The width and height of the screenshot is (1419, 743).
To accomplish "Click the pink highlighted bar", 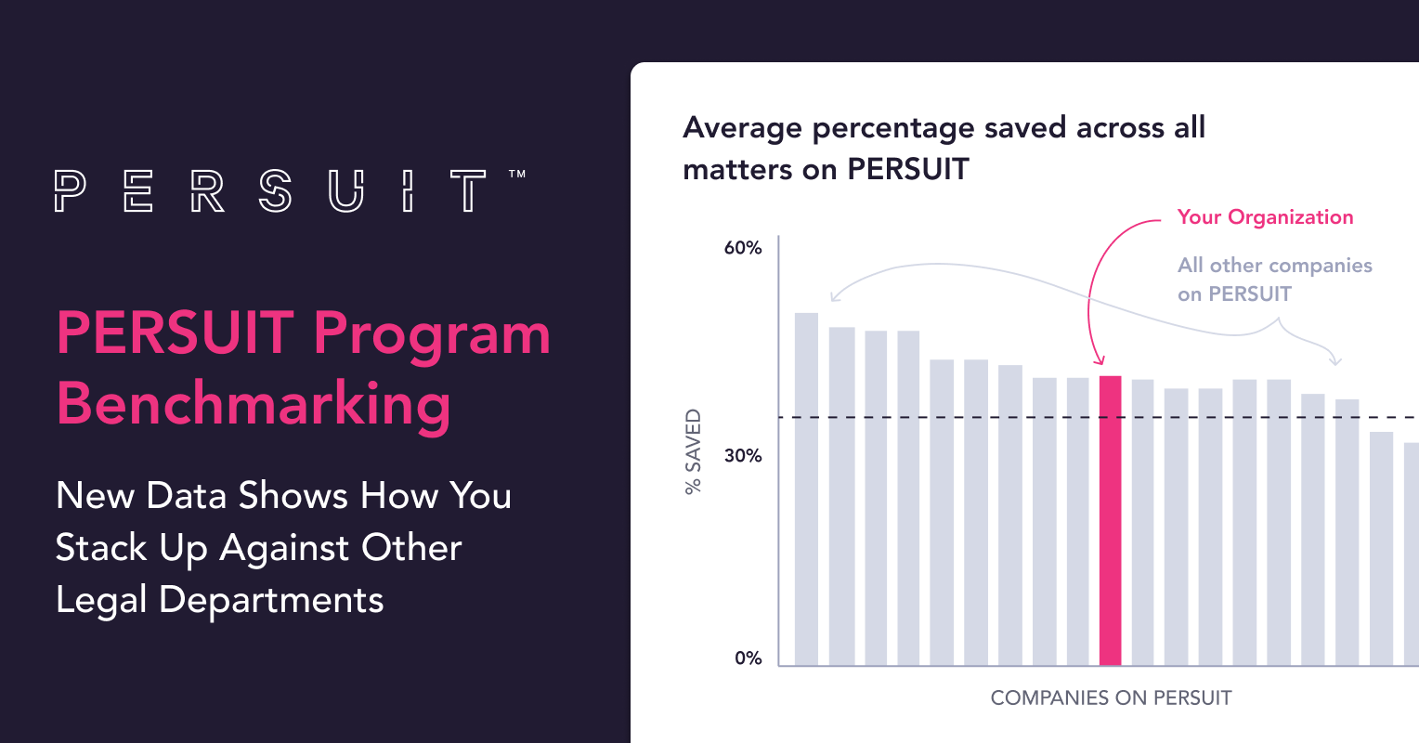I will pos(1110,520).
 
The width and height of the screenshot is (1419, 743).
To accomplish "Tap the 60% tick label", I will pos(743,248).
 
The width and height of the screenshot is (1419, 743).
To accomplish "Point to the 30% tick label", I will pos(743,456).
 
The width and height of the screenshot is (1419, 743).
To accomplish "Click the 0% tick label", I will pos(749,658).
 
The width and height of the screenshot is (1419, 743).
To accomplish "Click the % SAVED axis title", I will pos(693,452).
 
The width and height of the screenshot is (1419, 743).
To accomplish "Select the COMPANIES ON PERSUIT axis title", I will pos(1111,698).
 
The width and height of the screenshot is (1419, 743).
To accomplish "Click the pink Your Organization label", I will pos(1265,217).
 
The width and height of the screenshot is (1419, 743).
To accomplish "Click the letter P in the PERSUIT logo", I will pos(70,190).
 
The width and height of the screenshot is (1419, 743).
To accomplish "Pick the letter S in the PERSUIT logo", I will pos(275,190).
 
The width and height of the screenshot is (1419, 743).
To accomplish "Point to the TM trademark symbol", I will pos(517,174).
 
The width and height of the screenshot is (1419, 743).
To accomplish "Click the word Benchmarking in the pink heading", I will pos(254,404).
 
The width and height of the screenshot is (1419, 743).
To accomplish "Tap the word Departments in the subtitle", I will pos(271,601).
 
